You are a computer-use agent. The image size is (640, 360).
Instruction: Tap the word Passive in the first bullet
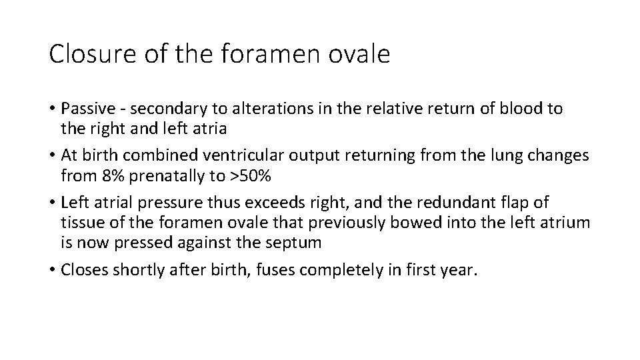pos(85,109)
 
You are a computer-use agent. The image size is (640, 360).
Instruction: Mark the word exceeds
pos(267,201)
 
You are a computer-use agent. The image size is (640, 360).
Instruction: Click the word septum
pos(293,243)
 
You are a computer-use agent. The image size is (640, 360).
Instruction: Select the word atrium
pos(566,223)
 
